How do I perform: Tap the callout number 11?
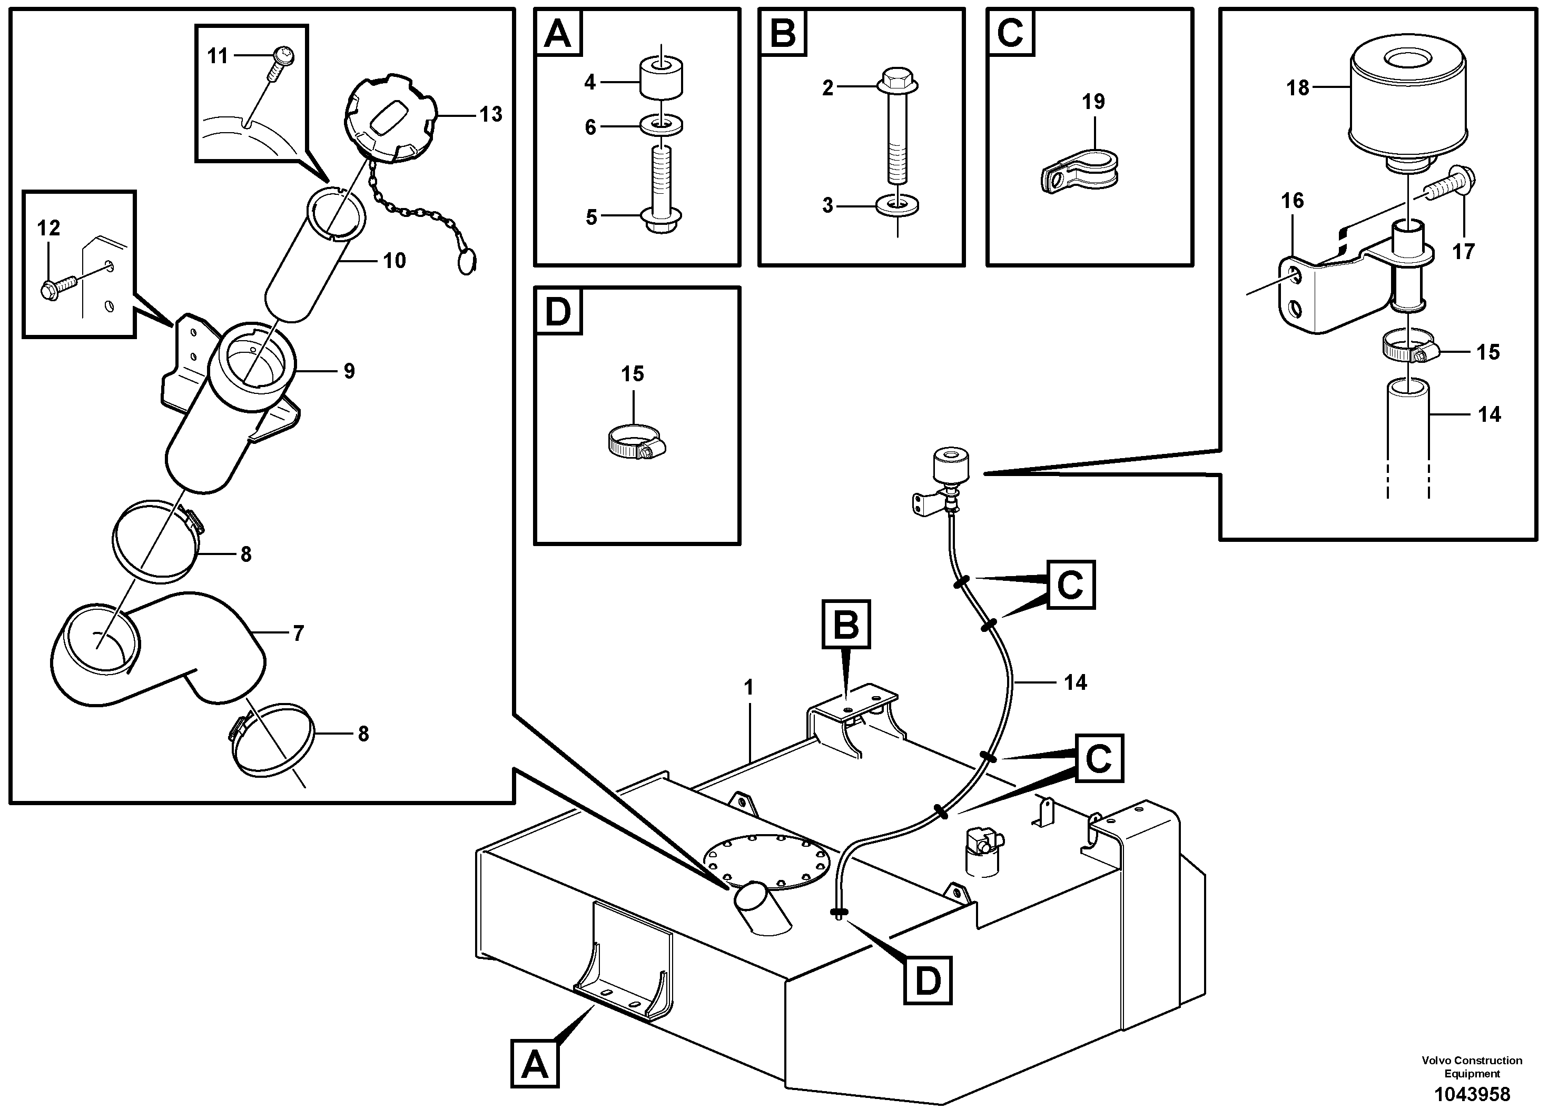[217, 55]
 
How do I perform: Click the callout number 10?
[394, 260]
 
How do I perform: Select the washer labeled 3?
[896, 205]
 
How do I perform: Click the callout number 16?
[1292, 201]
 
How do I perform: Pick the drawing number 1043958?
[1472, 1094]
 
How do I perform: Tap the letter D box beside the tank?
[928, 981]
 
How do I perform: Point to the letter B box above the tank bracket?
[846, 624]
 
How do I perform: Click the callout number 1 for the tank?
[749, 688]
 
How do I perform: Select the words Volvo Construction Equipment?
[1472, 1067]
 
